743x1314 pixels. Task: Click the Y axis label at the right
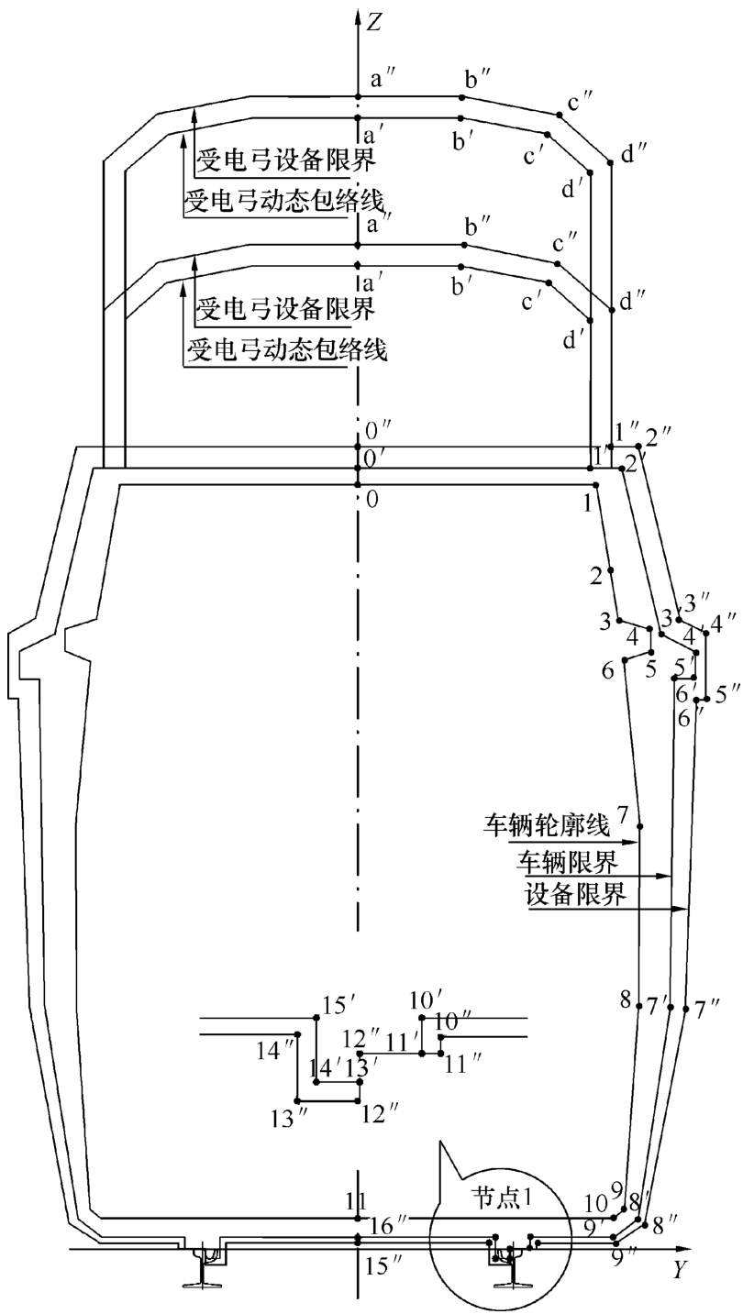coord(679,1270)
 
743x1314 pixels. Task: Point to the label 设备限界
coord(575,894)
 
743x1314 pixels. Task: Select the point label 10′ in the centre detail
coord(427,999)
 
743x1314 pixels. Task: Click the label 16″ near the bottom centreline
coord(387,1226)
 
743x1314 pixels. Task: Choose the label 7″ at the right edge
coord(706,1010)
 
